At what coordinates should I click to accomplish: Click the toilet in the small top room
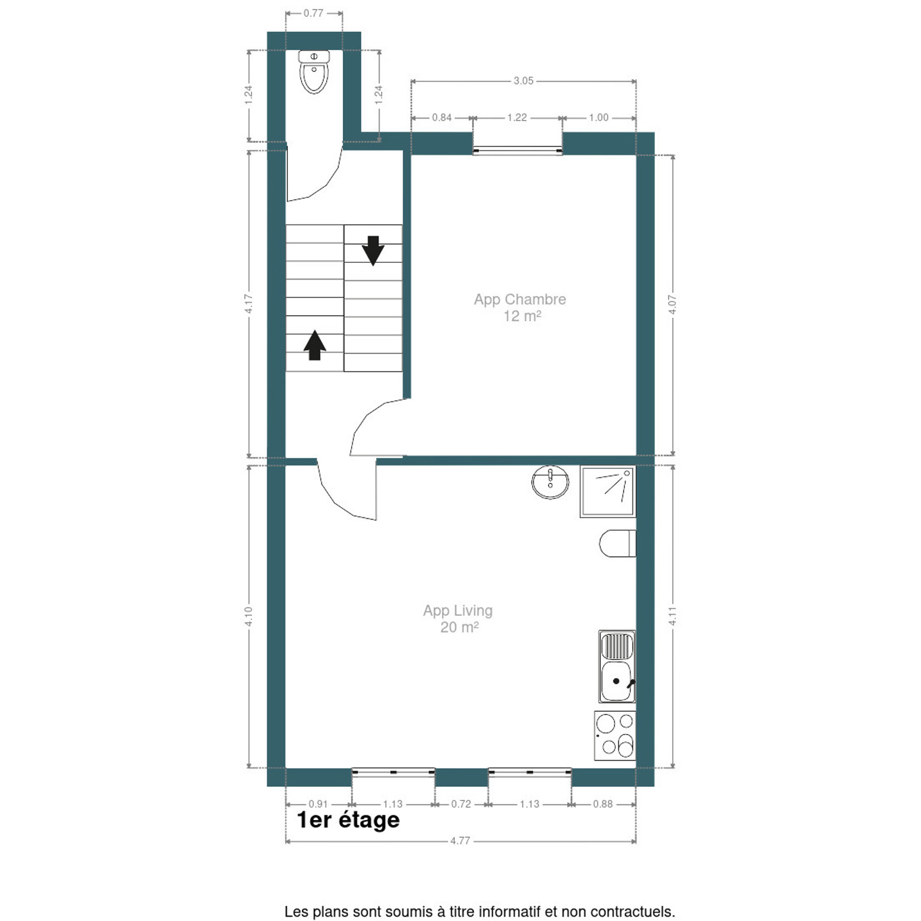click(x=314, y=72)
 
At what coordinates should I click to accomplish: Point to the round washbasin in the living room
click(x=550, y=482)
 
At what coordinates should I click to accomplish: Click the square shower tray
click(x=608, y=492)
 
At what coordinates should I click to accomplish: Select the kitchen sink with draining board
click(x=617, y=666)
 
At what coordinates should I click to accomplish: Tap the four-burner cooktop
click(x=615, y=736)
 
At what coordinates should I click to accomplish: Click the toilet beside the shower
click(x=617, y=543)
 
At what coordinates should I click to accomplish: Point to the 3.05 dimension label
click(x=523, y=81)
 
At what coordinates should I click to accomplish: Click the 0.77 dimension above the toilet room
click(x=313, y=13)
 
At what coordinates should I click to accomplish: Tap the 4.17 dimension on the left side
click(x=249, y=304)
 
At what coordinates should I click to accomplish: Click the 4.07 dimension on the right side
click(x=672, y=304)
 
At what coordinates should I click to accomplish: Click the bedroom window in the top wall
click(x=517, y=150)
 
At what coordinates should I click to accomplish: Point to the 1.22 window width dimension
click(x=517, y=118)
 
